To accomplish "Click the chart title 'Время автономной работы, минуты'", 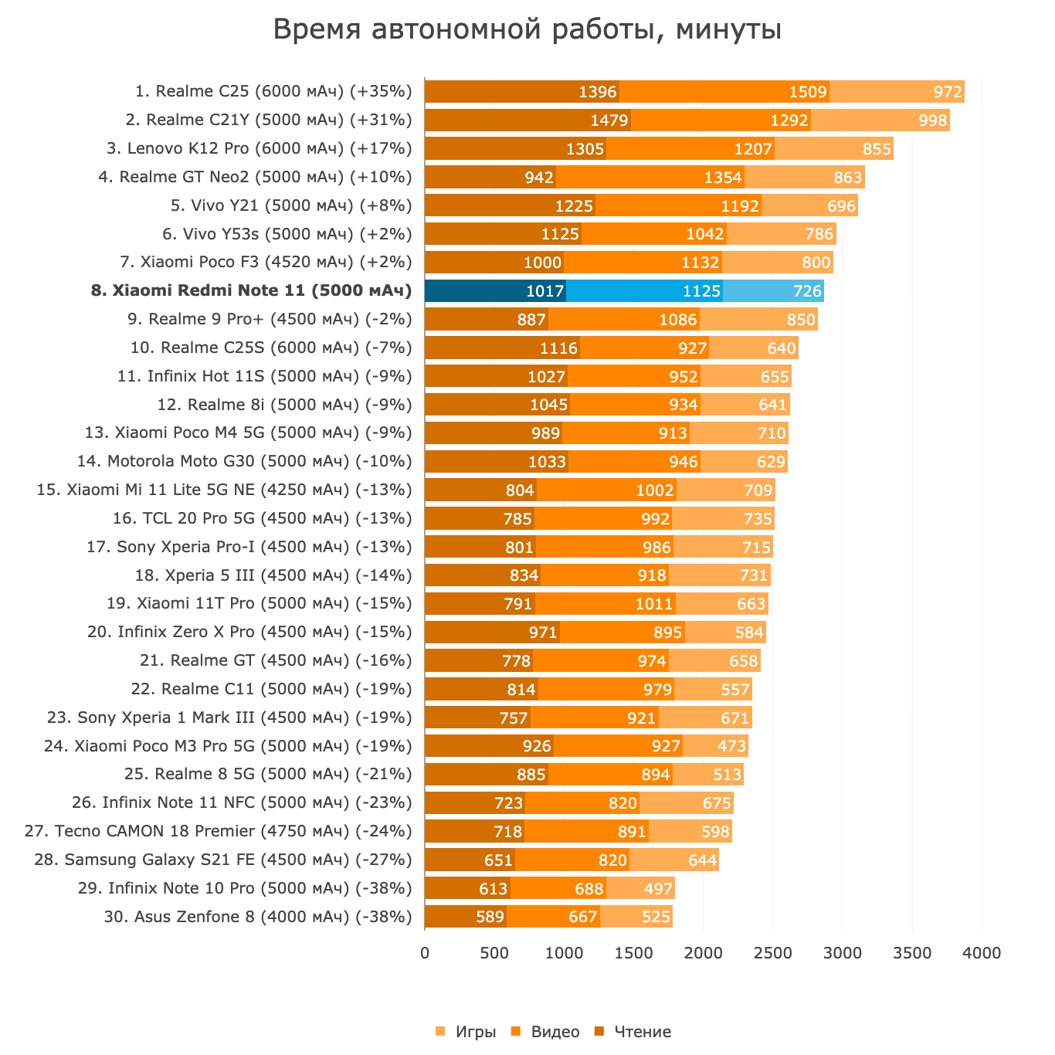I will [527, 30].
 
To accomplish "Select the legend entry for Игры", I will [466, 1032].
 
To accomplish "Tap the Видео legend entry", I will [546, 1032].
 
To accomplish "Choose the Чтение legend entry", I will [633, 1032].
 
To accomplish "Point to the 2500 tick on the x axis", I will [773, 953].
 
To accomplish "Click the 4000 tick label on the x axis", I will [982, 953].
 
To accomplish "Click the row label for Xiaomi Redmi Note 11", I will [251, 291].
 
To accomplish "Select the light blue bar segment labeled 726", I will [773, 291].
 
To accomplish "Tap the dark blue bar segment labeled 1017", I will [495, 291].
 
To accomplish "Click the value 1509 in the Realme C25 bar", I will [808, 92].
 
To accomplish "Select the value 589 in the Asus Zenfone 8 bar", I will [490, 918].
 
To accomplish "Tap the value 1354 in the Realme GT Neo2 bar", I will [723, 178].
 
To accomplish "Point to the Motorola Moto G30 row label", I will [244, 462].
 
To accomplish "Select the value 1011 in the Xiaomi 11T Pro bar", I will [654, 604].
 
